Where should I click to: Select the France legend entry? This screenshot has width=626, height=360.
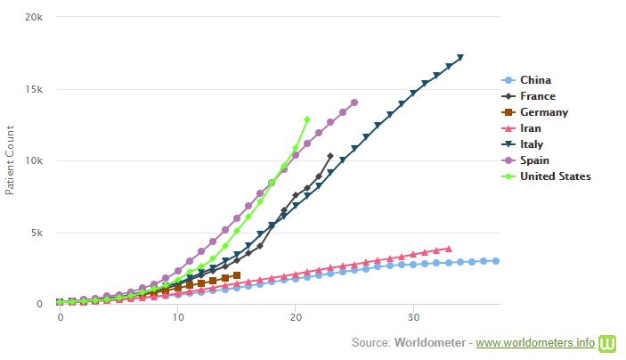click(538, 96)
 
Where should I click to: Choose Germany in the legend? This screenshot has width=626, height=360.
click(542, 112)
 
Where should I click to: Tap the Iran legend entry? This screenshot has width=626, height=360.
click(533, 128)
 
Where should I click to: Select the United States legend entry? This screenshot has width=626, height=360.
click(555, 176)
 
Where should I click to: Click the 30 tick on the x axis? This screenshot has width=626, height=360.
click(413, 317)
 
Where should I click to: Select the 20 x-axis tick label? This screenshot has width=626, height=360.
click(296, 317)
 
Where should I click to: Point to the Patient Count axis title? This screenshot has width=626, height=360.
click(10, 161)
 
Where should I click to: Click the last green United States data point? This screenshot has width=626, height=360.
click(307, 119)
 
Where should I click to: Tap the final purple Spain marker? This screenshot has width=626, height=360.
click(354, 102)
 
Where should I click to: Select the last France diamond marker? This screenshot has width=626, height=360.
click(330, 156)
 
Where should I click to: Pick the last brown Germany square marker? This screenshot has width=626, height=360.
click(236, 275)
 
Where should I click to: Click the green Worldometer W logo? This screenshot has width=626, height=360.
click(609, 342)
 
